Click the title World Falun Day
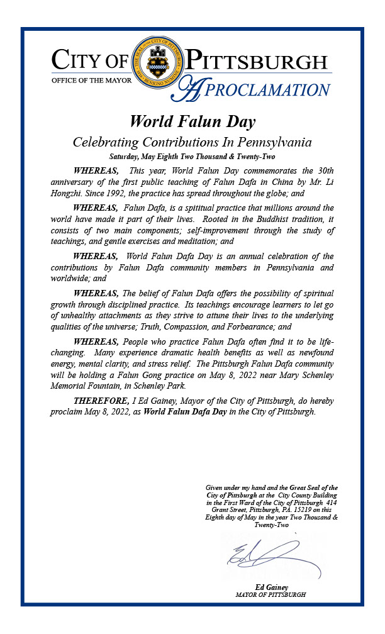click(192, 121)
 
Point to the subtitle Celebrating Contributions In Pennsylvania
click(192, 142)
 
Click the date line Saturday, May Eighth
click(192, 155)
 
